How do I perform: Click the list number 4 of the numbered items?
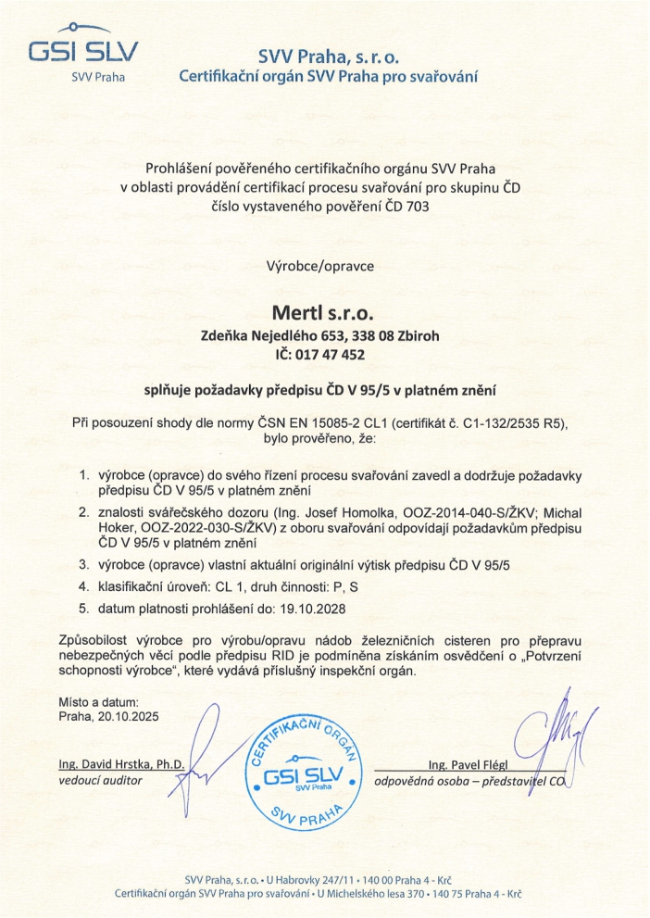[83, 585]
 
